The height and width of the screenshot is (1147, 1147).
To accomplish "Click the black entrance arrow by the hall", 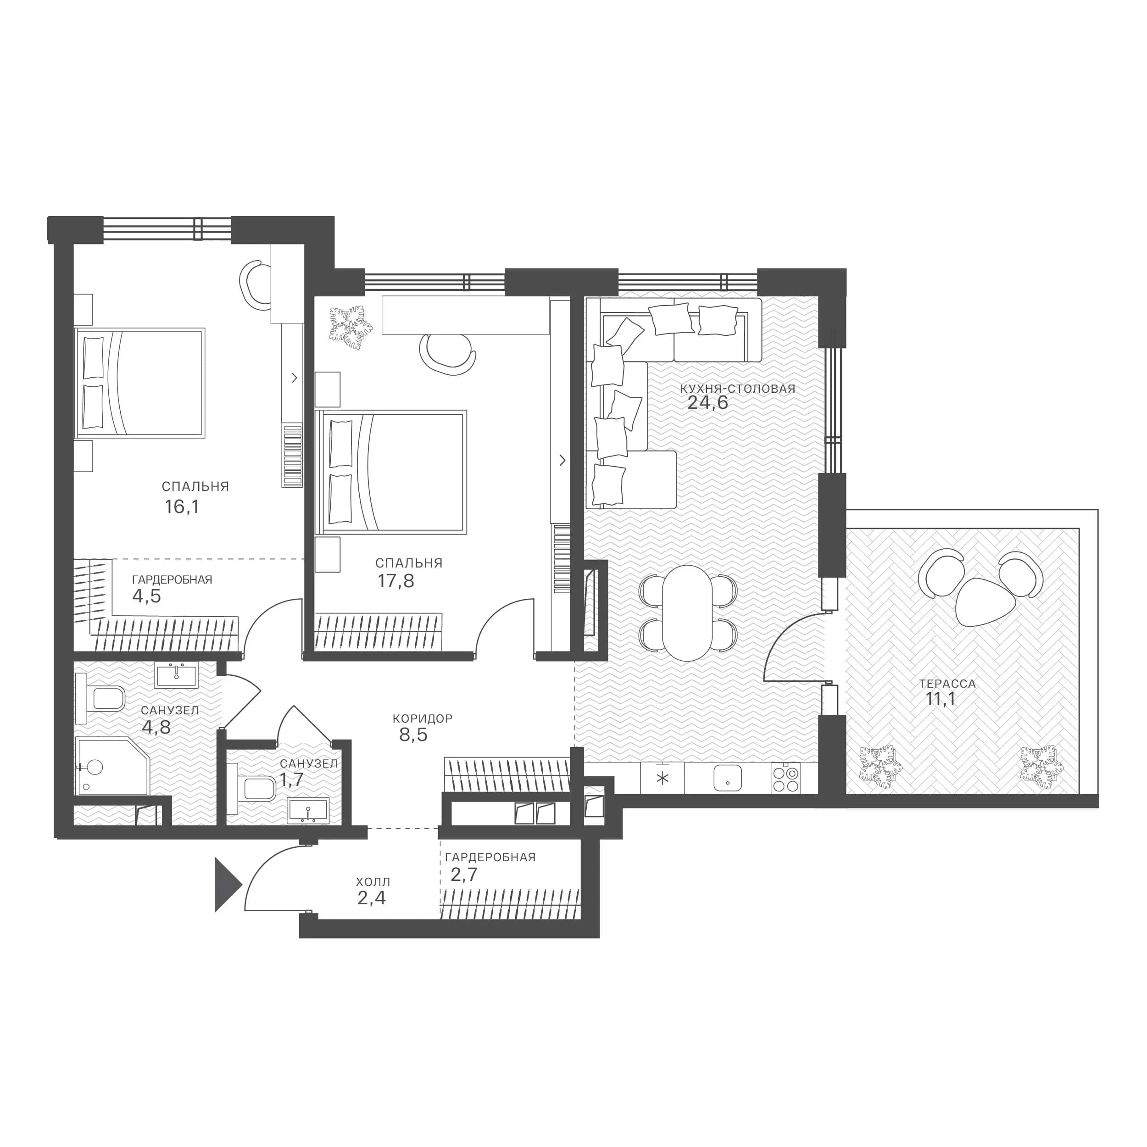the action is point(227,885).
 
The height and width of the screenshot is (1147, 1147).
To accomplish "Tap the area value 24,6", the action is point(707,402).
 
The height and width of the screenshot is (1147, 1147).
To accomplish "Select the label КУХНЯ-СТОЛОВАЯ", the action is point(737,389).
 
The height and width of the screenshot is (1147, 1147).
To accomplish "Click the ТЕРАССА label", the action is point(947,684).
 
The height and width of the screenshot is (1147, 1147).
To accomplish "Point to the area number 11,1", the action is point(941,699).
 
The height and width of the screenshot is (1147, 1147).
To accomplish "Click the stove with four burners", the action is point(785,778).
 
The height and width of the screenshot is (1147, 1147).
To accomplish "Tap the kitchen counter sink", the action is point(727,778).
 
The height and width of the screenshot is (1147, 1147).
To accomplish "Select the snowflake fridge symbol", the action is point(663,778).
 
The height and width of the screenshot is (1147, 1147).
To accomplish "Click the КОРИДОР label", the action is point(423,718).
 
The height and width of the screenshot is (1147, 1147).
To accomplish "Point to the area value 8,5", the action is point(413,735).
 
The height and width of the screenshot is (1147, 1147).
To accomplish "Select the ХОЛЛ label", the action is point(373,882).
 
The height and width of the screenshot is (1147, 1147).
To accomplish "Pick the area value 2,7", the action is point(464,874).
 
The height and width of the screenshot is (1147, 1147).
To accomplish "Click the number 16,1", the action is point(182,507).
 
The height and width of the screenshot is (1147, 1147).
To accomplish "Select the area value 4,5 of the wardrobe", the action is point(147,596).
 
